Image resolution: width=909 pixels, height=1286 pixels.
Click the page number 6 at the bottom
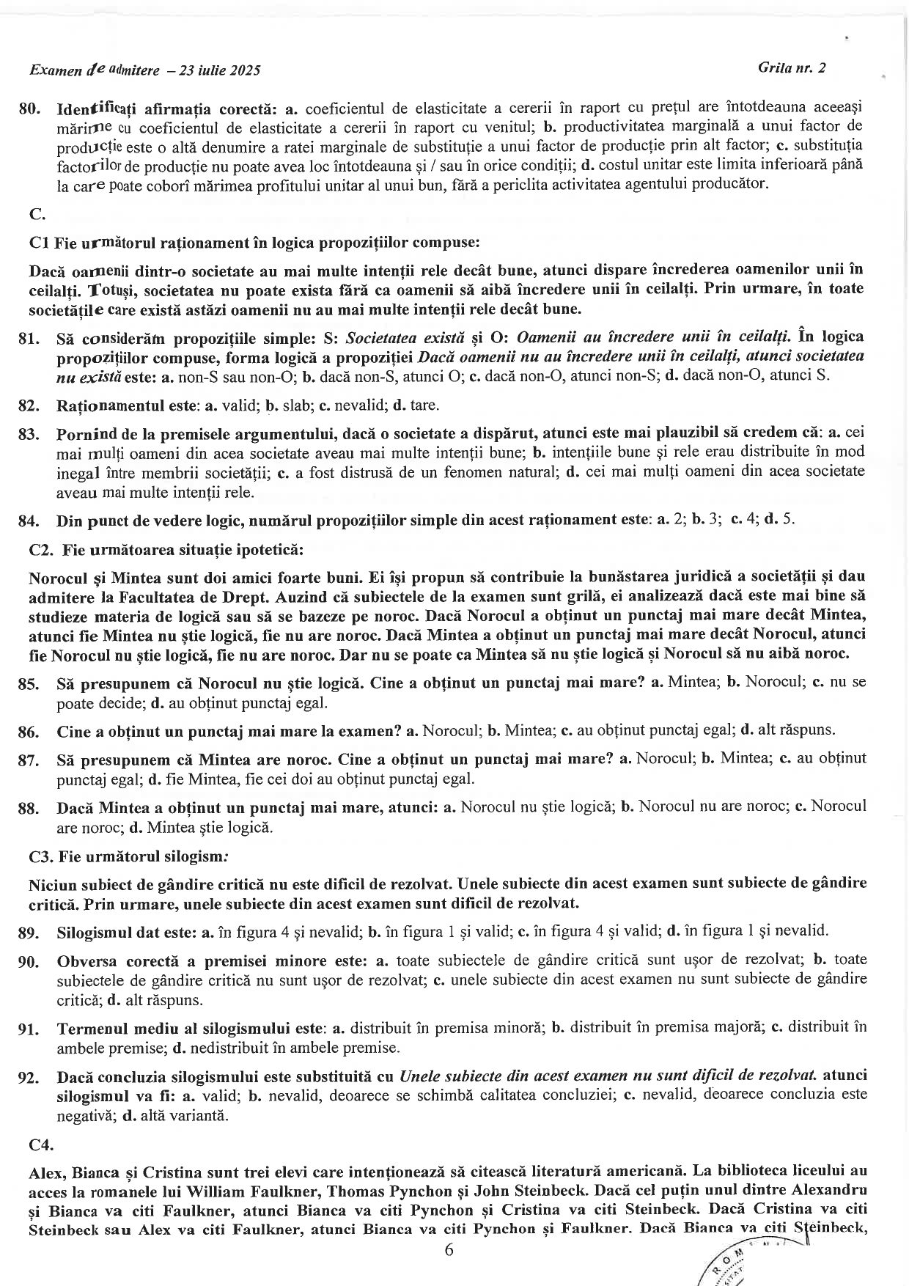[x=449, y=1249]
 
